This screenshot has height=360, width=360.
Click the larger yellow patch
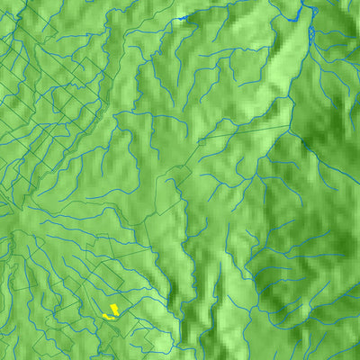pos(113,310)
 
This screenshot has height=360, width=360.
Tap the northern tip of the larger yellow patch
pos(115,305)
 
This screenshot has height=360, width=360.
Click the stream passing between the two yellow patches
pos(109,314)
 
